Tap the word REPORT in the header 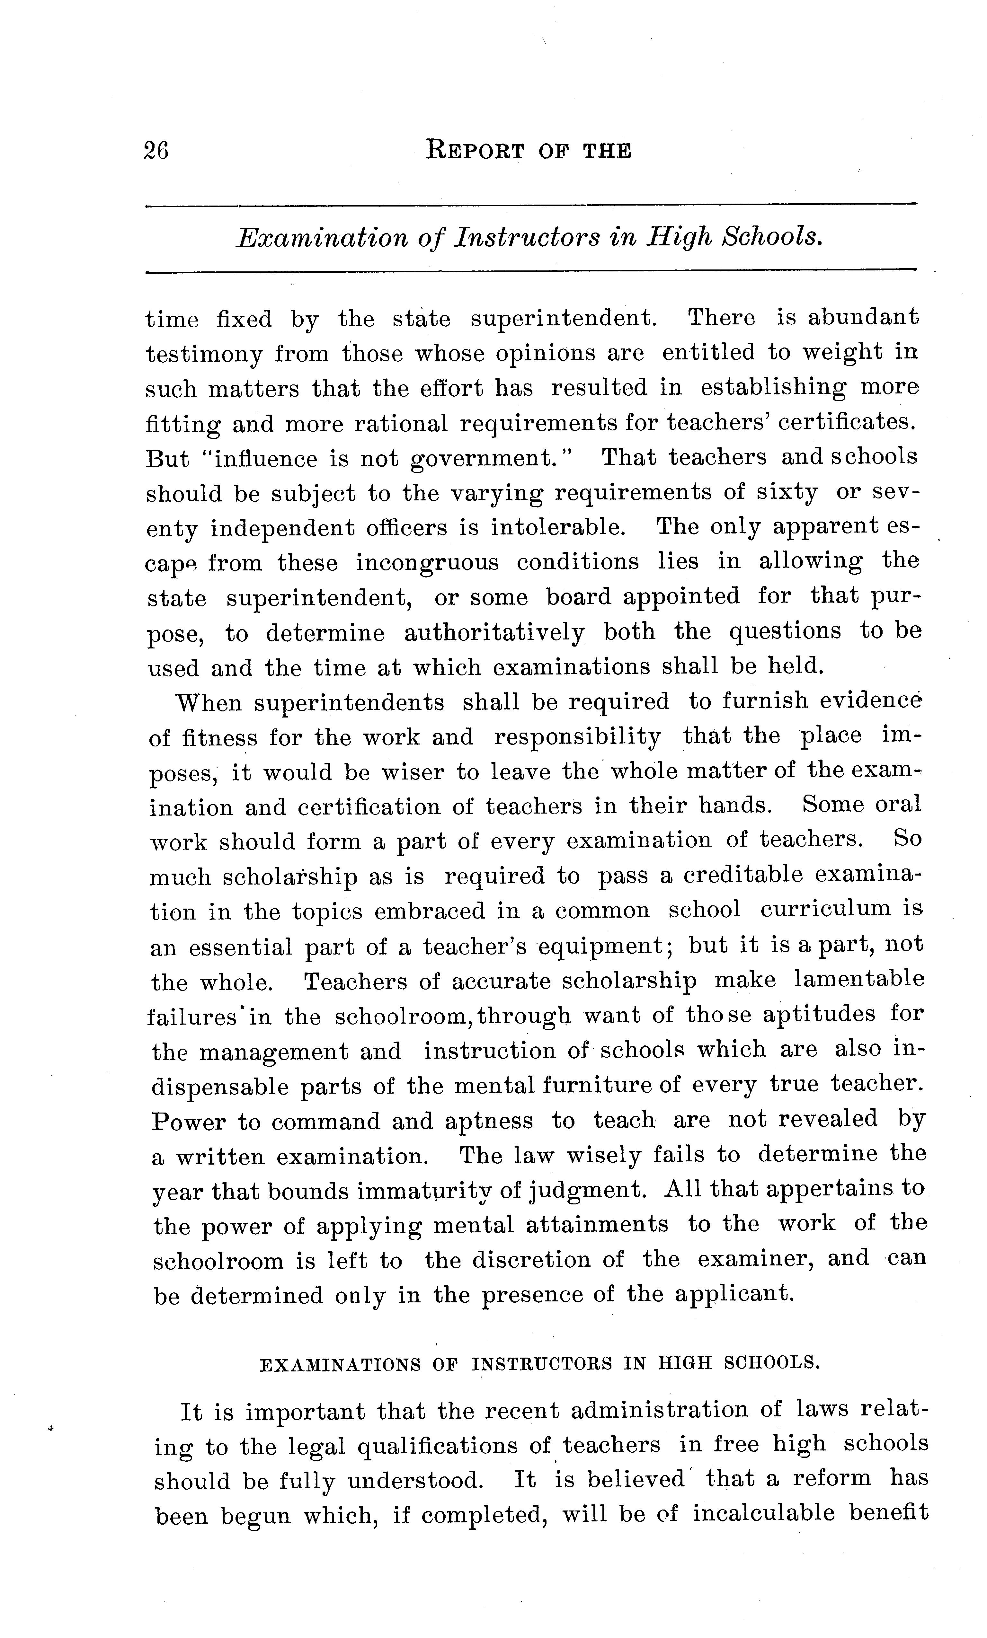[x=475, y=150]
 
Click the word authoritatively [x=494, y=632]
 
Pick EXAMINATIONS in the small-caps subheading [x=340, y=1365]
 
